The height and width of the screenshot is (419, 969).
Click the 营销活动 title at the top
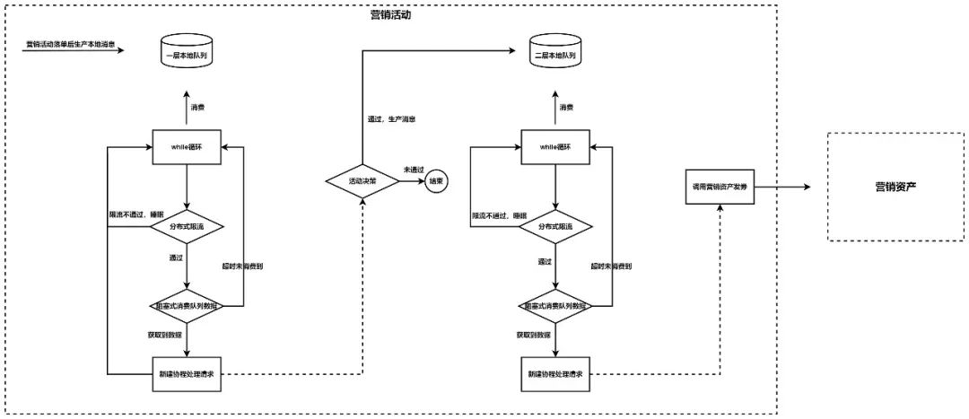390,15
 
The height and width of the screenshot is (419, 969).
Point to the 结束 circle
437,181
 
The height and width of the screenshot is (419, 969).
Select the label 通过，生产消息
390,118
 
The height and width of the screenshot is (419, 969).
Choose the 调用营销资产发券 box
720,188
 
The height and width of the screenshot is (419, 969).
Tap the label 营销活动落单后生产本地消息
74,44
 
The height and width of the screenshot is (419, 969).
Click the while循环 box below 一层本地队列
185,146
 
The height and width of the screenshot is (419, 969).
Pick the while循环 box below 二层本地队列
554,146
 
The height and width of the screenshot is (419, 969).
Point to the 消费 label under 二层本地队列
566,108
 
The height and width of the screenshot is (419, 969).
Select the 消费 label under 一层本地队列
197,108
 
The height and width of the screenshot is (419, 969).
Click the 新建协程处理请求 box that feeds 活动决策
185,372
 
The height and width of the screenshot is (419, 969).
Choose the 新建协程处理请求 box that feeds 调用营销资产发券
554,372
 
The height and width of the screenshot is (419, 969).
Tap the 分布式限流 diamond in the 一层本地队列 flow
185,227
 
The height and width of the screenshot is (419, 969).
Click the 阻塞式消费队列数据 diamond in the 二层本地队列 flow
554,306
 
